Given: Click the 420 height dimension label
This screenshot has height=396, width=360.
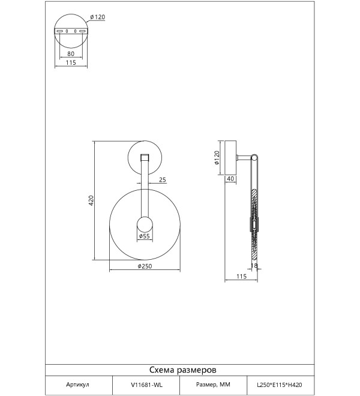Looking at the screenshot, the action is [91, 200].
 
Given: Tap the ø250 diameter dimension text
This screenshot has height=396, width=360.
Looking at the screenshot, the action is [145, 266].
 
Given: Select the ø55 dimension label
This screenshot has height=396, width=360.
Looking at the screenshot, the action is [145, 236].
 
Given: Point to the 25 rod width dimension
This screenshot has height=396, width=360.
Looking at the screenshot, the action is [163, 180].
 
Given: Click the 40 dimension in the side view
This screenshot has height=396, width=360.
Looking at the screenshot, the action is [230, 179].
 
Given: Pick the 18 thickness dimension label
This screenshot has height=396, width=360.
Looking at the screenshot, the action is [254, 265].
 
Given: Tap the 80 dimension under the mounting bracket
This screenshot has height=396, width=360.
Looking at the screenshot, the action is [71, 54].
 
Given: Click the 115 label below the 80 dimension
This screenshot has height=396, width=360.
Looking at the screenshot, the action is [71, 62].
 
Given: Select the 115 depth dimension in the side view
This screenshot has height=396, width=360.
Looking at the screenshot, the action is [241, 276].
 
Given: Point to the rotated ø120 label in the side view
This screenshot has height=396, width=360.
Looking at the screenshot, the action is [217, 158].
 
